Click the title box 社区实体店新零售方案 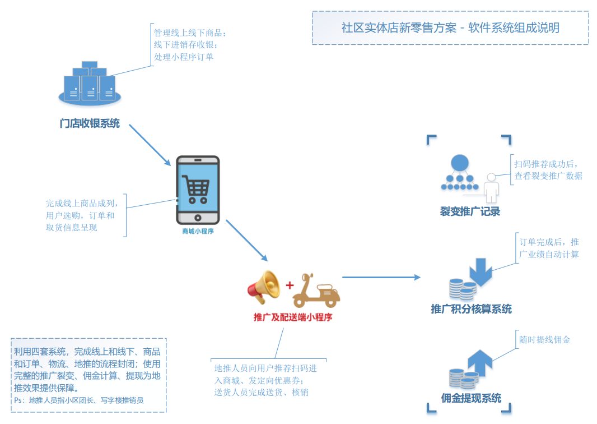tap(450, 28)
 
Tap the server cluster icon tap(90, 82)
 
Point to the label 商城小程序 tap(198, 231)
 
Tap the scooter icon tap(317, 290)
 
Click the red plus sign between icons tap(290, 285)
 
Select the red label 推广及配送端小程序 tap(293, 318)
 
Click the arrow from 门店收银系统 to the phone tap(150, 145)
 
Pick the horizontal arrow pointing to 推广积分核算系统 tap(381, 277)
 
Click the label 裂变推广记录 tap(470, 211)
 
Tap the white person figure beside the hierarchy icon tap(492, 188)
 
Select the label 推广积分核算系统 tap(471, 309)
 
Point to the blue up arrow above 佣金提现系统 tap(480, 362)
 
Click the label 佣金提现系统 tap(471, 398)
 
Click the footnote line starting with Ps tap(79, 400)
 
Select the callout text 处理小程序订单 tap(184, 57)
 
